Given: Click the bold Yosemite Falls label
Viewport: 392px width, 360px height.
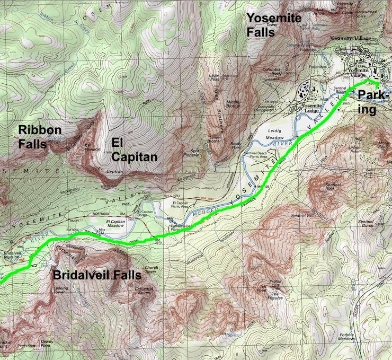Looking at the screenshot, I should click(x=274, y=25).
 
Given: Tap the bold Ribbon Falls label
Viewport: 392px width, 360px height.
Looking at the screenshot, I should click(x=40, y=136).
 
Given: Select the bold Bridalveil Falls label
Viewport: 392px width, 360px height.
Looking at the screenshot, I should click(x=96, y=275).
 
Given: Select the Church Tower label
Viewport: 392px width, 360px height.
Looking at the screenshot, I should click(x=151, y=269).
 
